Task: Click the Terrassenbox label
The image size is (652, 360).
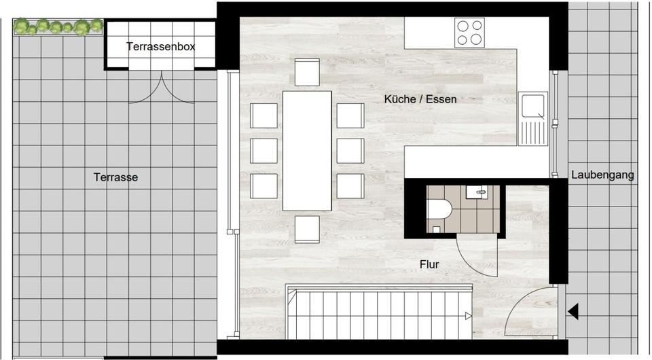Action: click(161, 47)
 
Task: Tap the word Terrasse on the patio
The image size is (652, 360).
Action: click(115, 177)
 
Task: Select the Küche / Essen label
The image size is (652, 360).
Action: click(420, 99)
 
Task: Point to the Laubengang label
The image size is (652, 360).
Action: click(602, 175)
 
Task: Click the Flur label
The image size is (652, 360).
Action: click(429, 264)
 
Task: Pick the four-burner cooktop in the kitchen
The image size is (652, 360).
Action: click(470, 32)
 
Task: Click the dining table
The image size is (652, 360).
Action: click(307, 150)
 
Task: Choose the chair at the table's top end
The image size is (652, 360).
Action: click(307, 71)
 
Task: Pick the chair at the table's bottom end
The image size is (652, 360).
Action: click(307, 229)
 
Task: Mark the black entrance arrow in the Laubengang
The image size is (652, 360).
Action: click(573, 312)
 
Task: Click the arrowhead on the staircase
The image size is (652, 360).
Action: click(468, 315)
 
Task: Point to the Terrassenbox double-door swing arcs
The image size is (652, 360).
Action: click(161, 92)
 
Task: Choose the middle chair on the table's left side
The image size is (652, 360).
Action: click(264, 151)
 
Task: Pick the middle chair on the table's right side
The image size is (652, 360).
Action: click(350, 151)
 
